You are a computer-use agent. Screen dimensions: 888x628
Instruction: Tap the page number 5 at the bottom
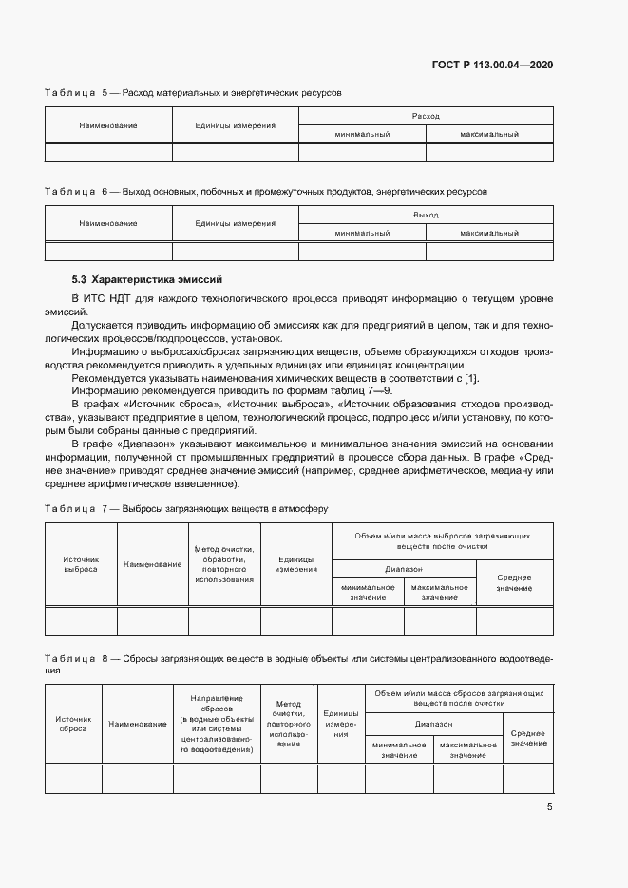[x=549, y=807]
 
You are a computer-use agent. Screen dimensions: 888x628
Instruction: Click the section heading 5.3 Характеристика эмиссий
[x=146, y=280]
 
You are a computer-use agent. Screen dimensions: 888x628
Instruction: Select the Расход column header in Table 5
[x=426, y=116]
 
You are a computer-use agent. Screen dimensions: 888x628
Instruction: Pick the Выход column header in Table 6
[x=426, y=216]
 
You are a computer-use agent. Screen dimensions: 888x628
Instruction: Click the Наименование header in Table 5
[x=108, y=125]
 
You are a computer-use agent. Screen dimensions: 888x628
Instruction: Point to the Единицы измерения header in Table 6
[x=235, y=224]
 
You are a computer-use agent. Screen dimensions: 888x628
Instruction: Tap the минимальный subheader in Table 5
[x=362, y=135]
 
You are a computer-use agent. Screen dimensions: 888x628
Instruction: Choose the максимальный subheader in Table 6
[x=489, y=233]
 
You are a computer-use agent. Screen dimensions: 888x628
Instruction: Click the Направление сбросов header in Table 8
[x=216, y=724]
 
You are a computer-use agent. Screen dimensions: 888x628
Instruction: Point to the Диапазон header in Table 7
[x=404, y=569]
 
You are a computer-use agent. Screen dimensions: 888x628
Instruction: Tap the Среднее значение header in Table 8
[x=527, y=738]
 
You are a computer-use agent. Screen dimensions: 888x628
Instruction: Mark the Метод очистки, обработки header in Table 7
[x=224, y=564]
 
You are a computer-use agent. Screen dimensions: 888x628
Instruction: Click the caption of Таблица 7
[x=186, y=508]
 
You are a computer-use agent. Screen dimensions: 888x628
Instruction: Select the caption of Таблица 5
[x=193, y=93]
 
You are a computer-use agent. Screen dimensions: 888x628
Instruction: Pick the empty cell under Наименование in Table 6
[x=108, y=251]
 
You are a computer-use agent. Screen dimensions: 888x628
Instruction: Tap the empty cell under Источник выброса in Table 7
[x=81, y=620]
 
